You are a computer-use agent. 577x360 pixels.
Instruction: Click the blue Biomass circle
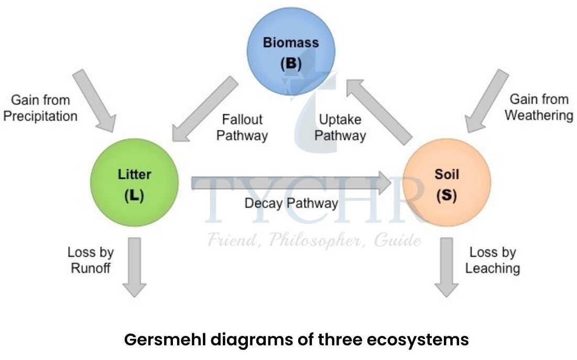coord(290,52)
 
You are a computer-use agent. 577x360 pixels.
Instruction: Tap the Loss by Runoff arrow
coord(134,267)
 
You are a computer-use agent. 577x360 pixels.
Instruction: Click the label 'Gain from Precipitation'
coord(40,107)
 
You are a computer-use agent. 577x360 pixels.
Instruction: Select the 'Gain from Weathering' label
coord(538,107)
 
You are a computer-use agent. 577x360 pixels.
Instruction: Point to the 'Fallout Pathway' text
coord(242,127)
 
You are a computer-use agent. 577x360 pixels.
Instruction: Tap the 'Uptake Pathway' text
coord(340,127)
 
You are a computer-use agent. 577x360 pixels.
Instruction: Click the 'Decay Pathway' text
coord(291,203)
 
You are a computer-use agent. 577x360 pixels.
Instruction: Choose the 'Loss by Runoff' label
coord(91,260)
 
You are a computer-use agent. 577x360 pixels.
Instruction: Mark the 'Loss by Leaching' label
coord(492,260)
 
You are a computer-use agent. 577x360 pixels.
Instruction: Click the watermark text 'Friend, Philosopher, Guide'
coord(313,241)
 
